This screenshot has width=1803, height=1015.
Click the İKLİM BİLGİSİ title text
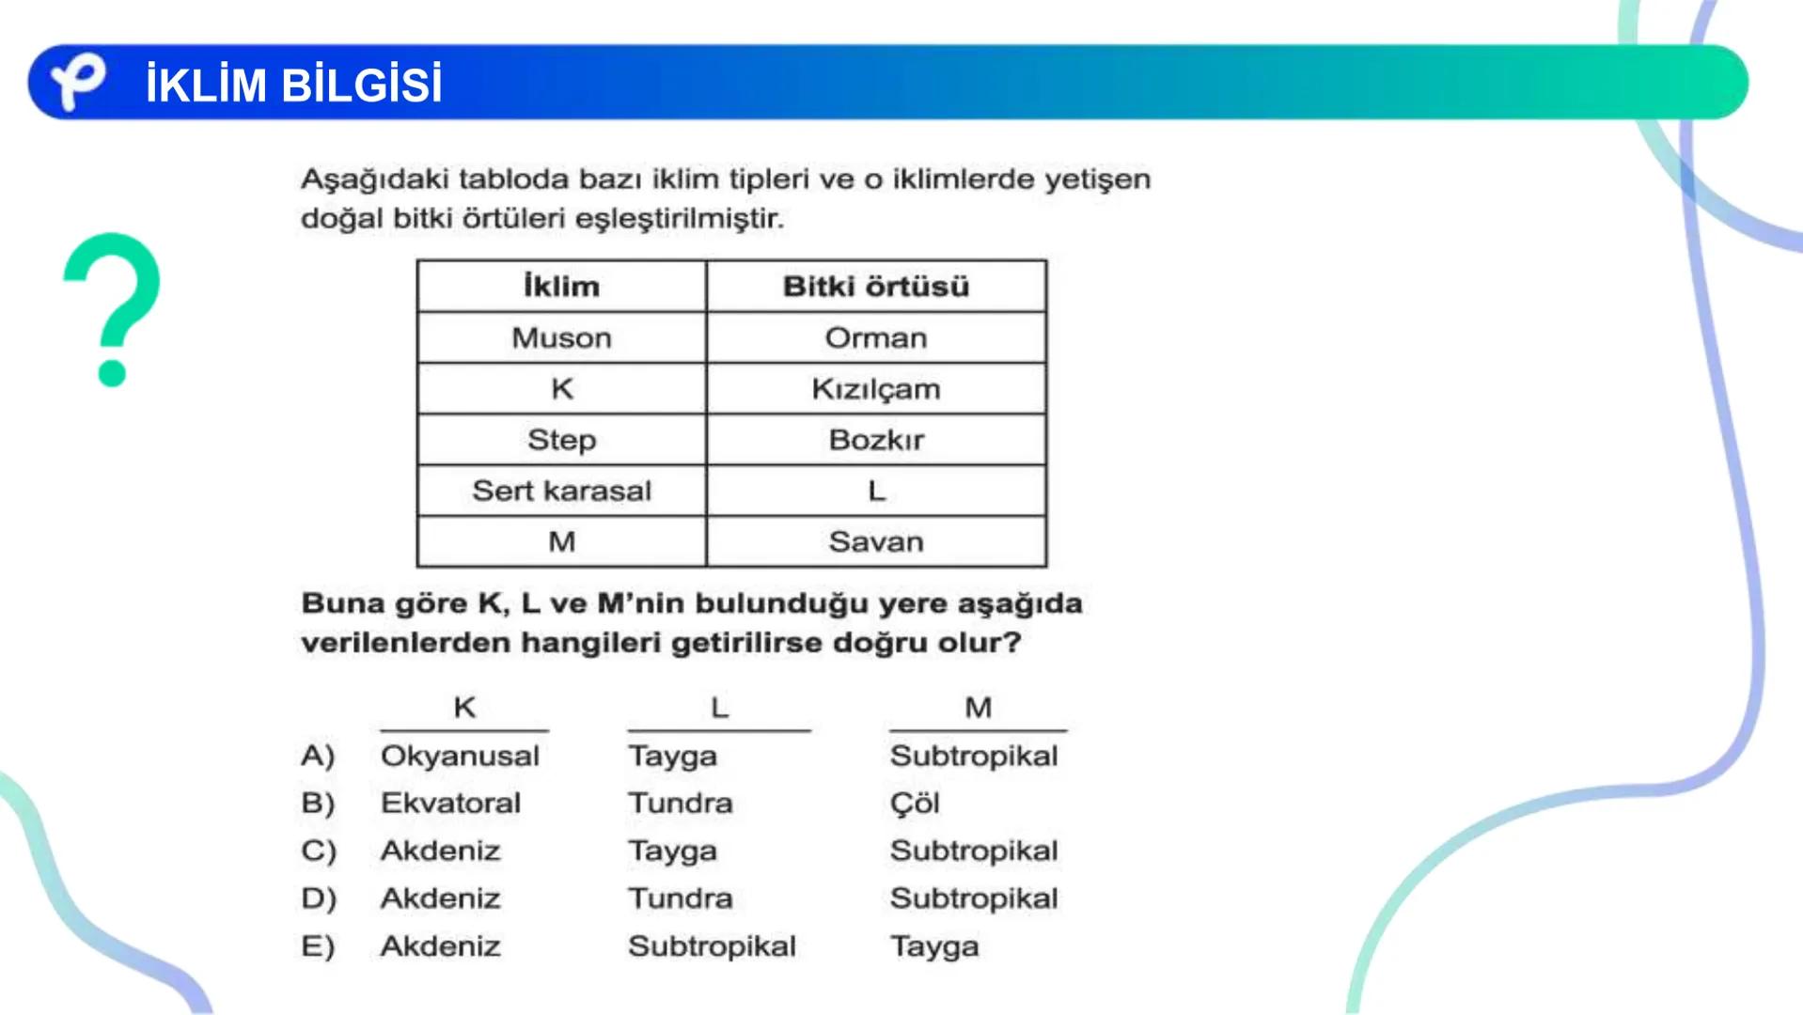tap(293, 85)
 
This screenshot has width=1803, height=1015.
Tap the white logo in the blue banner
tap(77, 81)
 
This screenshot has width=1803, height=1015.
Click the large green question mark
tap(112, 309)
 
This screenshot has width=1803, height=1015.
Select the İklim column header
tap(561, 287)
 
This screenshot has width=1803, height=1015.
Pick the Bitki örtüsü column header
tap(875, 287)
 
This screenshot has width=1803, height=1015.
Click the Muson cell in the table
tap(561, 338)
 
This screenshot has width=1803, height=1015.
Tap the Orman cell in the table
tap(875, 338)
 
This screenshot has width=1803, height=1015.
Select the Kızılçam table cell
tap(875, 389)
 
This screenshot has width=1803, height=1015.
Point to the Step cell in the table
tap(561, 440)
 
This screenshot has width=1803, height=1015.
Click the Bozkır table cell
tap(875, 440)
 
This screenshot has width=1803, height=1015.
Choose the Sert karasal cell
tap(561, 491)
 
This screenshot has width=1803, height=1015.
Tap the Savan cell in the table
tap(875, 541)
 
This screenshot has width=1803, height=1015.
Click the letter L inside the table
tap(876, 491)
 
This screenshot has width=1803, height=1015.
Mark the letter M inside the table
tap(561, 541)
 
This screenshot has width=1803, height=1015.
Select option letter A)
tap(318, 756)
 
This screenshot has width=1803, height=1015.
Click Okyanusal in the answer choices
tap(460, 756)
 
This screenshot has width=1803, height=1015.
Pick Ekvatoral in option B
tap(450, 804)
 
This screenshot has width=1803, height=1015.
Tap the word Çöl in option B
tap(915, 804)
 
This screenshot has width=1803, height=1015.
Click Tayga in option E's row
tap(934, 946)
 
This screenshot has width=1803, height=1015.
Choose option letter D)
tap(319, 898)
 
